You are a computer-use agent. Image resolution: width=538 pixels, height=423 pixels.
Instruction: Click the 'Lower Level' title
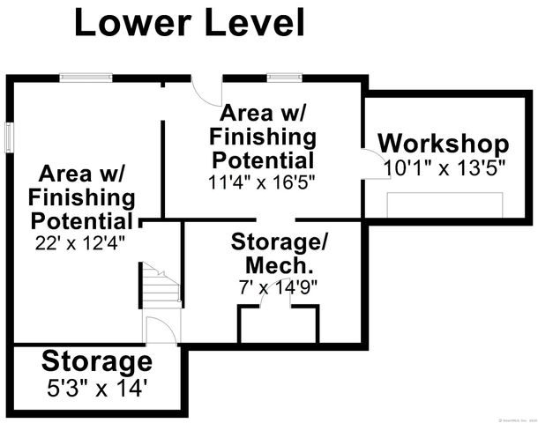click(189, 23)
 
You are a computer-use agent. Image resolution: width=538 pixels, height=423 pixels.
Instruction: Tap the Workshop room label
click(443, 144)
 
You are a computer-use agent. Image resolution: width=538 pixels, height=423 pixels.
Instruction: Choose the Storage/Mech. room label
click(273, 253)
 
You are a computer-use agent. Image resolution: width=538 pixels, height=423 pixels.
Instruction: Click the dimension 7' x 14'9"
click(273, 286)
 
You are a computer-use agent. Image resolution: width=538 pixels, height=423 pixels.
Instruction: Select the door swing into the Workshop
click(370, 165)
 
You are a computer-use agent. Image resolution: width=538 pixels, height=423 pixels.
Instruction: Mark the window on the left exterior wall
click(8, 137)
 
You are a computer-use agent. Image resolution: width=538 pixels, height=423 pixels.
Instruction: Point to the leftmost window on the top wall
click(86, 77)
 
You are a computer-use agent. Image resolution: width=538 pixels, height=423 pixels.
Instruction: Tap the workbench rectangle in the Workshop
click(445, 204)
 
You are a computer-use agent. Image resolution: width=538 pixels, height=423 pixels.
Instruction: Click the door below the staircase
click(161, 330)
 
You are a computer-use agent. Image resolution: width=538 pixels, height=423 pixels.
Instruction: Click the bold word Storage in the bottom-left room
click(97, 360)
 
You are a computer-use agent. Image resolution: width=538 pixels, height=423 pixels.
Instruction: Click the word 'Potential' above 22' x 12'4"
click(82, 219)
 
